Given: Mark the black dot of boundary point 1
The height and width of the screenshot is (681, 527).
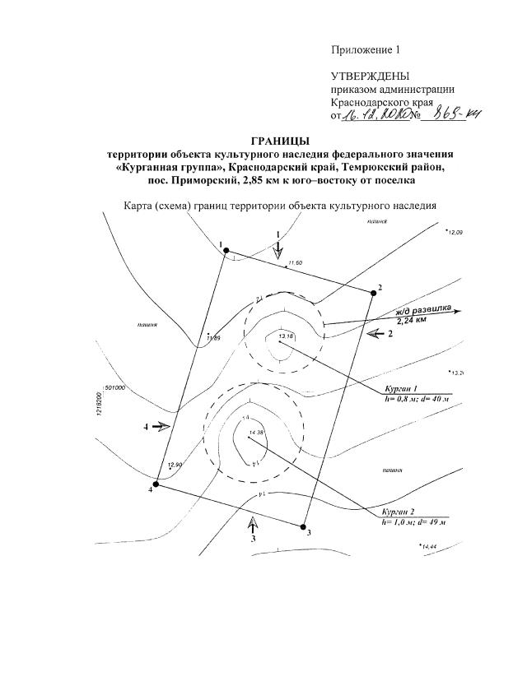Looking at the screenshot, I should pyautogui.click(x=226, y=252).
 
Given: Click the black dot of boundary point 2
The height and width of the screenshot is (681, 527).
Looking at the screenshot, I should pyautogui.click(x=373, y=293).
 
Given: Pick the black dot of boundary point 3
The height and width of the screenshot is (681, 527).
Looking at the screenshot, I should pyautogui.click(x=303, y=526).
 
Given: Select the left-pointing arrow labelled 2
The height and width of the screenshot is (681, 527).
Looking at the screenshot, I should pyautogui.click(x=376, y=333).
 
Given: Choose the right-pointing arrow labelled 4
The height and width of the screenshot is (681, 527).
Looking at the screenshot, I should pyautogui.click(x=161, y=427).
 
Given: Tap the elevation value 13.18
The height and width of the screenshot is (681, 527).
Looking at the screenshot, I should pyautogui.click(x=286, y=336).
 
